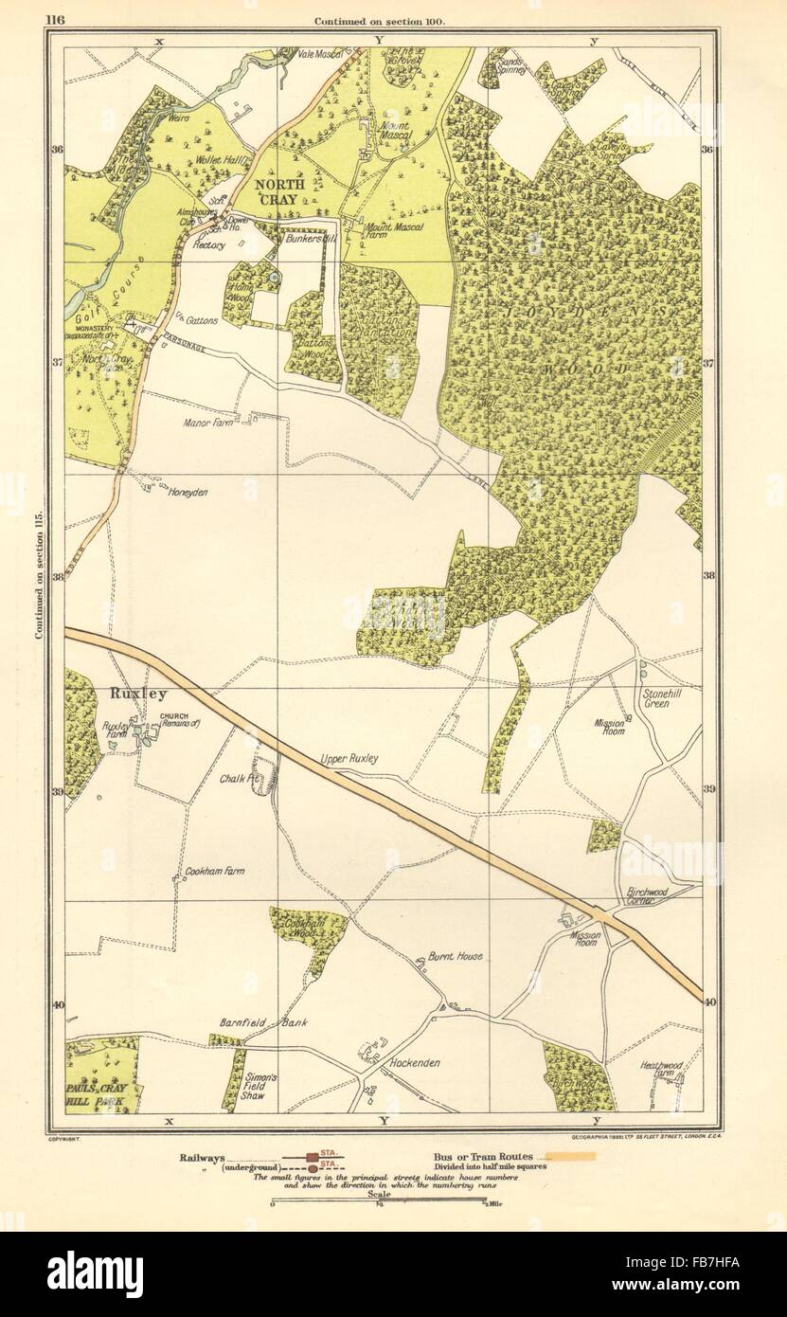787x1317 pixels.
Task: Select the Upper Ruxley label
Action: [350, 760]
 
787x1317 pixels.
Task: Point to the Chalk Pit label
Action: [241, 779]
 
